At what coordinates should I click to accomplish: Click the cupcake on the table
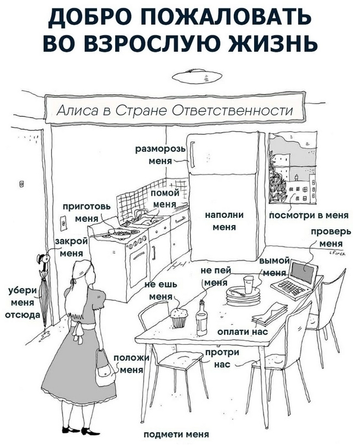[179, 318]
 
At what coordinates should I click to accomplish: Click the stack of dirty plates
[243, 296]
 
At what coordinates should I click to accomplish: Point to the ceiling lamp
[194, 75]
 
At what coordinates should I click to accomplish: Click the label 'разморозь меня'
[158, 155]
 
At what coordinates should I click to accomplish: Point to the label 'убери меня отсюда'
[23, 304]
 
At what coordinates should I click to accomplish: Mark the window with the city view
[292, 172]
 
